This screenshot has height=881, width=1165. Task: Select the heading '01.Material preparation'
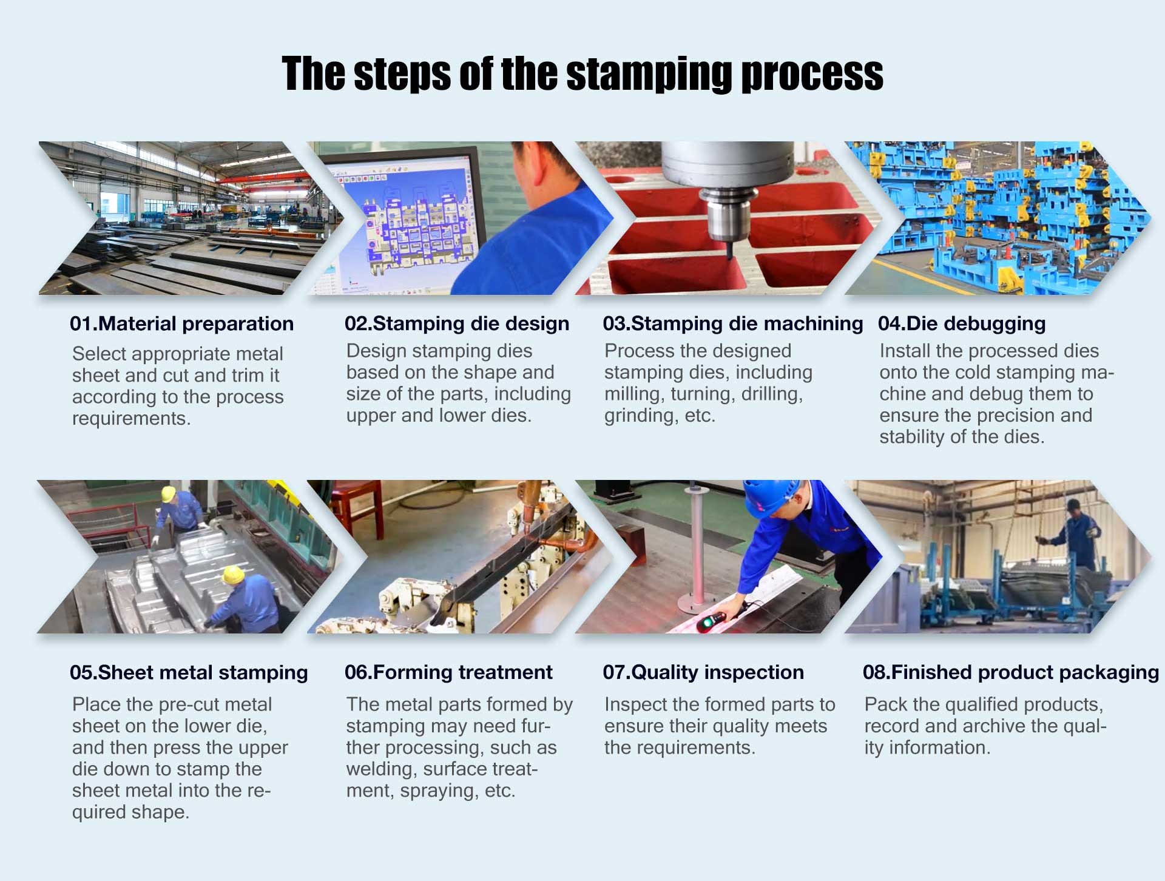pyautogui.click(x=181, y=324)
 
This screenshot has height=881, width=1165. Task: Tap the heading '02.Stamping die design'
pyautogui.click(x=456, y=324)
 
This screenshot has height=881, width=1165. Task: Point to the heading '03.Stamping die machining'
pyautogui.click(x=732, y=324)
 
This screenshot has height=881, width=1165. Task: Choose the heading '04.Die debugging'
pyautogui.click(x=961, y=324)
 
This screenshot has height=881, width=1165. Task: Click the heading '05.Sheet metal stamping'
pyautogui.click(x=189, y=672)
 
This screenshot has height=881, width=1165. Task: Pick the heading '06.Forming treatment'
pyautogui.click(x=448, y=672)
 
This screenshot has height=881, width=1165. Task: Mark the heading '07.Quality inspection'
pyautogui.click(x=703, y=672)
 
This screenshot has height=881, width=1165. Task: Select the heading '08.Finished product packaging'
pyautogui.click(x=1010, y=672)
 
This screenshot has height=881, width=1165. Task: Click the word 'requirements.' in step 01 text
pyautogui.click(x=131, y=419)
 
